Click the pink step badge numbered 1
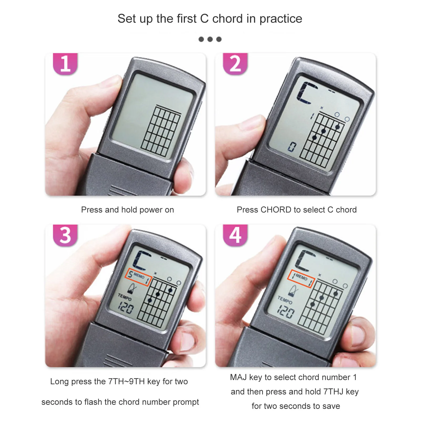click(x=65, y=64)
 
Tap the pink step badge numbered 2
click(x=235, y=64)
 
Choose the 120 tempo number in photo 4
click(x=286, y=312)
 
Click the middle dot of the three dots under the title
click(x=210, y=39)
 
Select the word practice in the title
click(x=281, y=19)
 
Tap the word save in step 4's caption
click(x=331, y=406)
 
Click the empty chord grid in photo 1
click(x=161, y=131)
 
